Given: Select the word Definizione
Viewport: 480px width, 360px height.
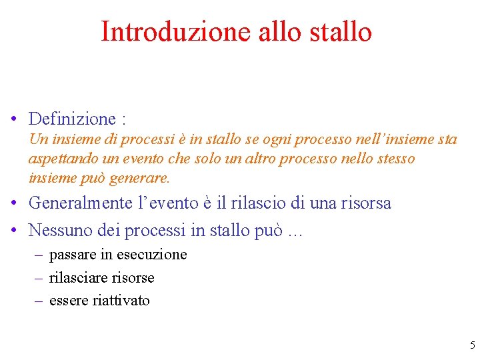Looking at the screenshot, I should point(72,119).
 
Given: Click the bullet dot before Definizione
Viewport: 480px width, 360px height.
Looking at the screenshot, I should point(14,120).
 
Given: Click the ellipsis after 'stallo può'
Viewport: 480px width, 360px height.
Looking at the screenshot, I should point(295,232).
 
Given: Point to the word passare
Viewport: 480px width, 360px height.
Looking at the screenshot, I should point(73,255).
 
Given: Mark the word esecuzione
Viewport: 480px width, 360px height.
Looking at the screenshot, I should point(152,255).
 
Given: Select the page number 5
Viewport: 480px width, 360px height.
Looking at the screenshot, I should point(473,345).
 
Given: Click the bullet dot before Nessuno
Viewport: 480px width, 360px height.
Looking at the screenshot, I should point(14,231).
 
